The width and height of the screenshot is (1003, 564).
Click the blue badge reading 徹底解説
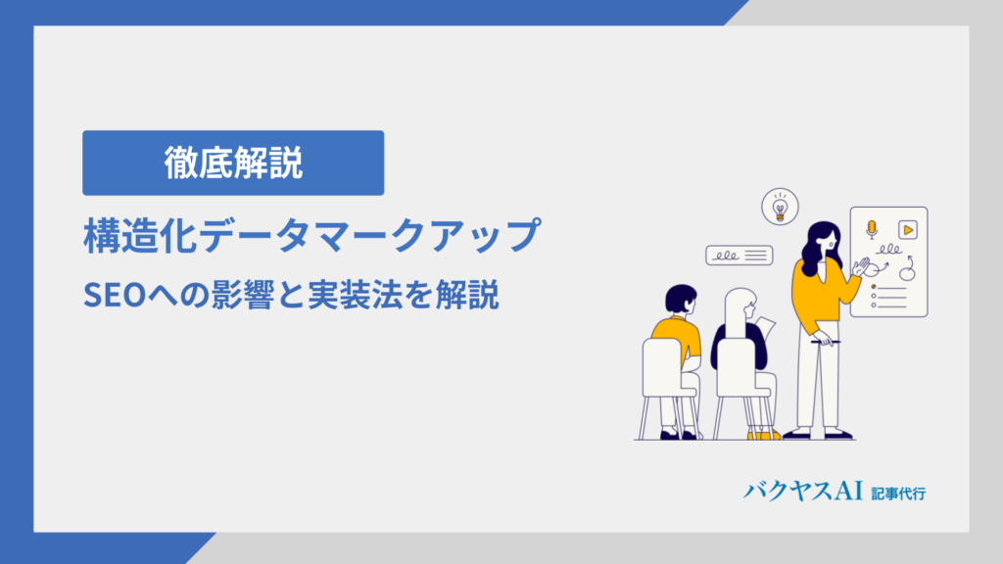pyautogui.click(x=233, y=164)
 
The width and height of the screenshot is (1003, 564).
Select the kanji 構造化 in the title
pyautogui.click(x=141, y=235)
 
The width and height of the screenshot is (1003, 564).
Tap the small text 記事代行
pyautogui.click(x=898, y=493)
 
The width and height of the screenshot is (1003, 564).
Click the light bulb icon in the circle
pyautogui.click(x=780, y=208)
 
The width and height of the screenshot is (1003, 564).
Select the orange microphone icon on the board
pyautogui.click(x=871, y=229)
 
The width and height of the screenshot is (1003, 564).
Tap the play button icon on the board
pyautogui.click(x=908, y=229)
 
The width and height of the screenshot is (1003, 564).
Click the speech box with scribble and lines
pyautogui.click(x=740, y=256)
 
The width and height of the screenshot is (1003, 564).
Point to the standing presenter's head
pyautogui.click(x=822, y=240)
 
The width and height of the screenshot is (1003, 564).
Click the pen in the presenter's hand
pyautogui.click(x=825, y=342)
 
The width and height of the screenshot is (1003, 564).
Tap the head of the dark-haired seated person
pyautogui.click(x=681, y=300)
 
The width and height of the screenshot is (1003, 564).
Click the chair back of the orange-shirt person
pyautogui.click(x=663, y=367)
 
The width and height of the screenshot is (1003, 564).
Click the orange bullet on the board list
pyautogui.click(x=874, y=287)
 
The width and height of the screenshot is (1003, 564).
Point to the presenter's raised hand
pyautogui.click(x=862, y=265)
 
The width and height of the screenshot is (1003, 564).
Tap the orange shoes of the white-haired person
pyautogui.click(x=764, y=435)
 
